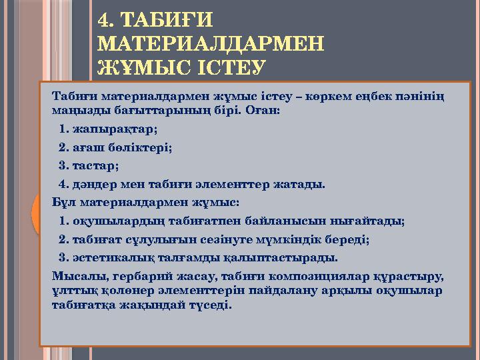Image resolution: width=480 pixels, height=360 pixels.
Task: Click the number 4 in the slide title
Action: tap(104, 19)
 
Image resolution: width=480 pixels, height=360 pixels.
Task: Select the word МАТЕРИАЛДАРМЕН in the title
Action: tap(211, 43)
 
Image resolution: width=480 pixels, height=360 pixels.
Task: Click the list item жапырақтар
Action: tap(114, 129)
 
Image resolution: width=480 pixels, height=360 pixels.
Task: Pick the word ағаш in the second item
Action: tap(89, 147)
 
